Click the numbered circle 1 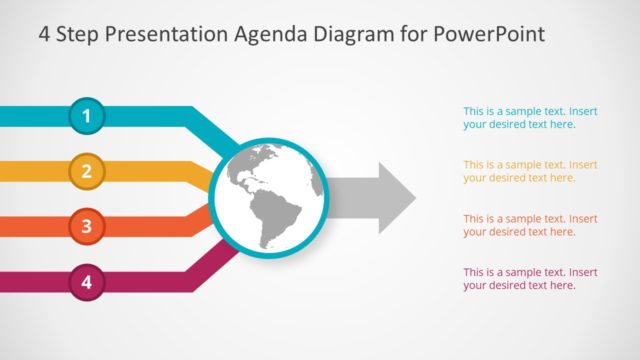click(86, 117)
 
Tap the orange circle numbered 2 click(86, 171)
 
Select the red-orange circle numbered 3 click(86, 227)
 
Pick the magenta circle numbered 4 click(86, 282)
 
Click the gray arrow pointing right click(375, 196)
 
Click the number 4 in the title click(45, 35)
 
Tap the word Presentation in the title click(174, 35)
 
